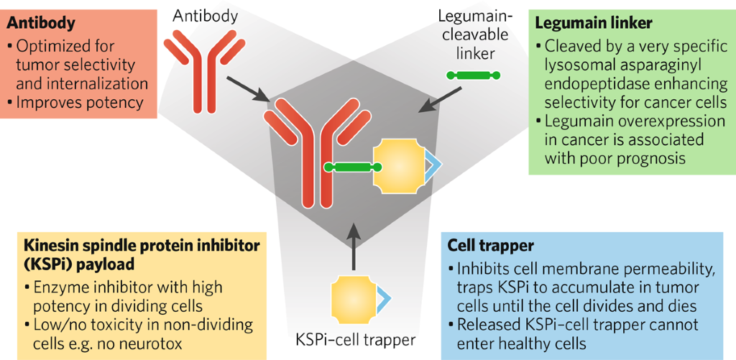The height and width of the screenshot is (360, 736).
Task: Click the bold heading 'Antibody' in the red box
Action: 41,24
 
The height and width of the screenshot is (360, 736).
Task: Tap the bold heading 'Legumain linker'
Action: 594,24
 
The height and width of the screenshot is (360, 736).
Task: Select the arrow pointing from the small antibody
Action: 249,90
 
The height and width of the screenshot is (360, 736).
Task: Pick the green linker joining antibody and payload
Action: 348,167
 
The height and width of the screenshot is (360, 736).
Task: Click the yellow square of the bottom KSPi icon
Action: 352,297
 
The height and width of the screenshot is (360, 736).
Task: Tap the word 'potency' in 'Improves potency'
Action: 112,102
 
